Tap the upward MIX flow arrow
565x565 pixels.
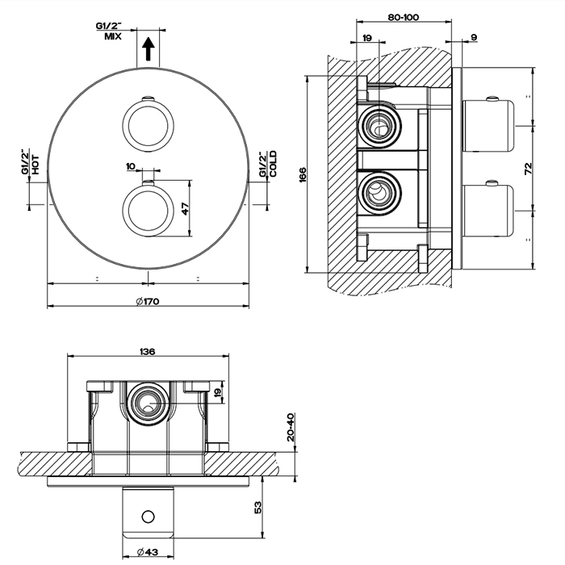(148, 49)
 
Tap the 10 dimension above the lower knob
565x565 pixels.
(131, 165)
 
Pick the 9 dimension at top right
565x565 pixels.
(473, 37)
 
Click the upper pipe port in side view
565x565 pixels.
(378, 124)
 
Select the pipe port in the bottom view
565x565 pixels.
(148, 401)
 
